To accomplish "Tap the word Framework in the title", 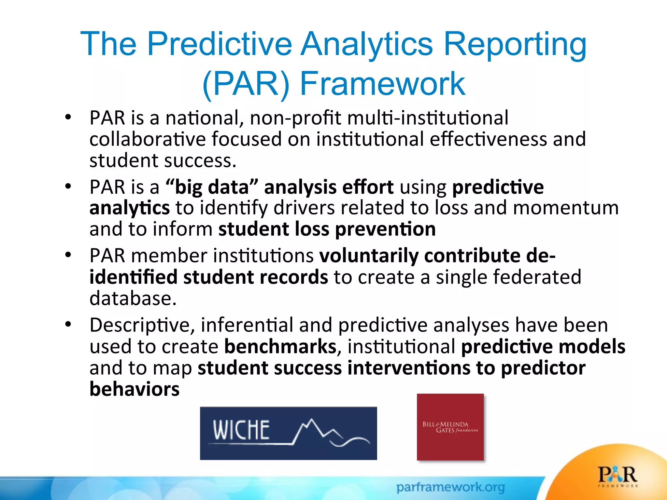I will (382, 84).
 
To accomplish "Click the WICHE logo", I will (288, 433).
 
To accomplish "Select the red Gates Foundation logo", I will (450, 427).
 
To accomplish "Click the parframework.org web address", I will (450, 487).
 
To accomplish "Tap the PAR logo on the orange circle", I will (617, 475).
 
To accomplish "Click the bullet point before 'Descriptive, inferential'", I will (68, 324).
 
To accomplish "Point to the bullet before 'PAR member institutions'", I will (68, 255).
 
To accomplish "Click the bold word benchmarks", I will (280, 346).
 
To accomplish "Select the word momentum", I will (566, 208).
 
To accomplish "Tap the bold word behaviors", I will (135, 389).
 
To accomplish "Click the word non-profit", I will (295, 118).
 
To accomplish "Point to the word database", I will (133, 298).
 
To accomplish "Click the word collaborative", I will (148, 139).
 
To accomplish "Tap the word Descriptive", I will (142, 325).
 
